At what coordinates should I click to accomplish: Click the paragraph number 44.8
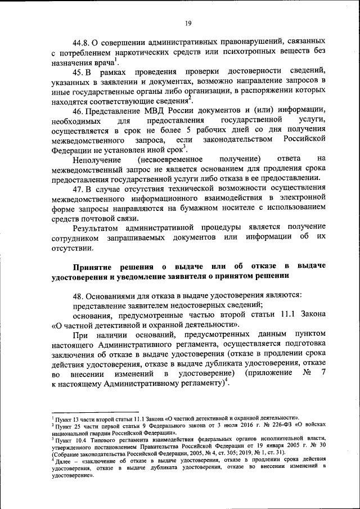pyautogui.click(x=82, y=42)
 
